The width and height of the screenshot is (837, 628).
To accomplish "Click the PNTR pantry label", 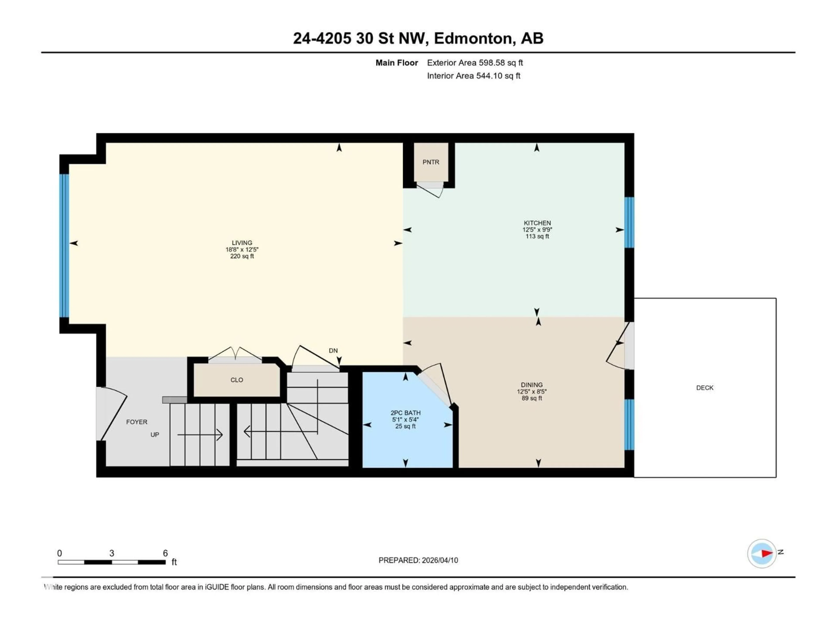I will coord(431,162).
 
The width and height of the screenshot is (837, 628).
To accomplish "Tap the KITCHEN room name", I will coord(537,223).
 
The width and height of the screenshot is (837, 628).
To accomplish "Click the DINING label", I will coord(532,385).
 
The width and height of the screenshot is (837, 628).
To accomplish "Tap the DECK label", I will coord(704,388).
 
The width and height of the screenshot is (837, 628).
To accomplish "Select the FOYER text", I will coord(137,422).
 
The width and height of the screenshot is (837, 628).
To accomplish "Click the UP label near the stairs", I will coord(155,435).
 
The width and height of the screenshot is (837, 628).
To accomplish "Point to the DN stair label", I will coord(333,351).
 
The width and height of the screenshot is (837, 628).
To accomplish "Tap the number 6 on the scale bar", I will coord(165,553).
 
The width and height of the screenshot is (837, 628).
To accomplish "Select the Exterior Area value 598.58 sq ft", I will coord(501,63).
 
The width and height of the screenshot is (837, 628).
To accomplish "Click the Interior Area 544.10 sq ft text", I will coord(473,76).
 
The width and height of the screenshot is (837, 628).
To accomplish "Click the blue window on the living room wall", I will coord(64,245).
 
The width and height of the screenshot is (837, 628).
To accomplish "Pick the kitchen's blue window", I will coord(629,223).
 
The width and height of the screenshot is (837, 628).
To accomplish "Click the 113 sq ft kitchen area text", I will coord(537,236).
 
